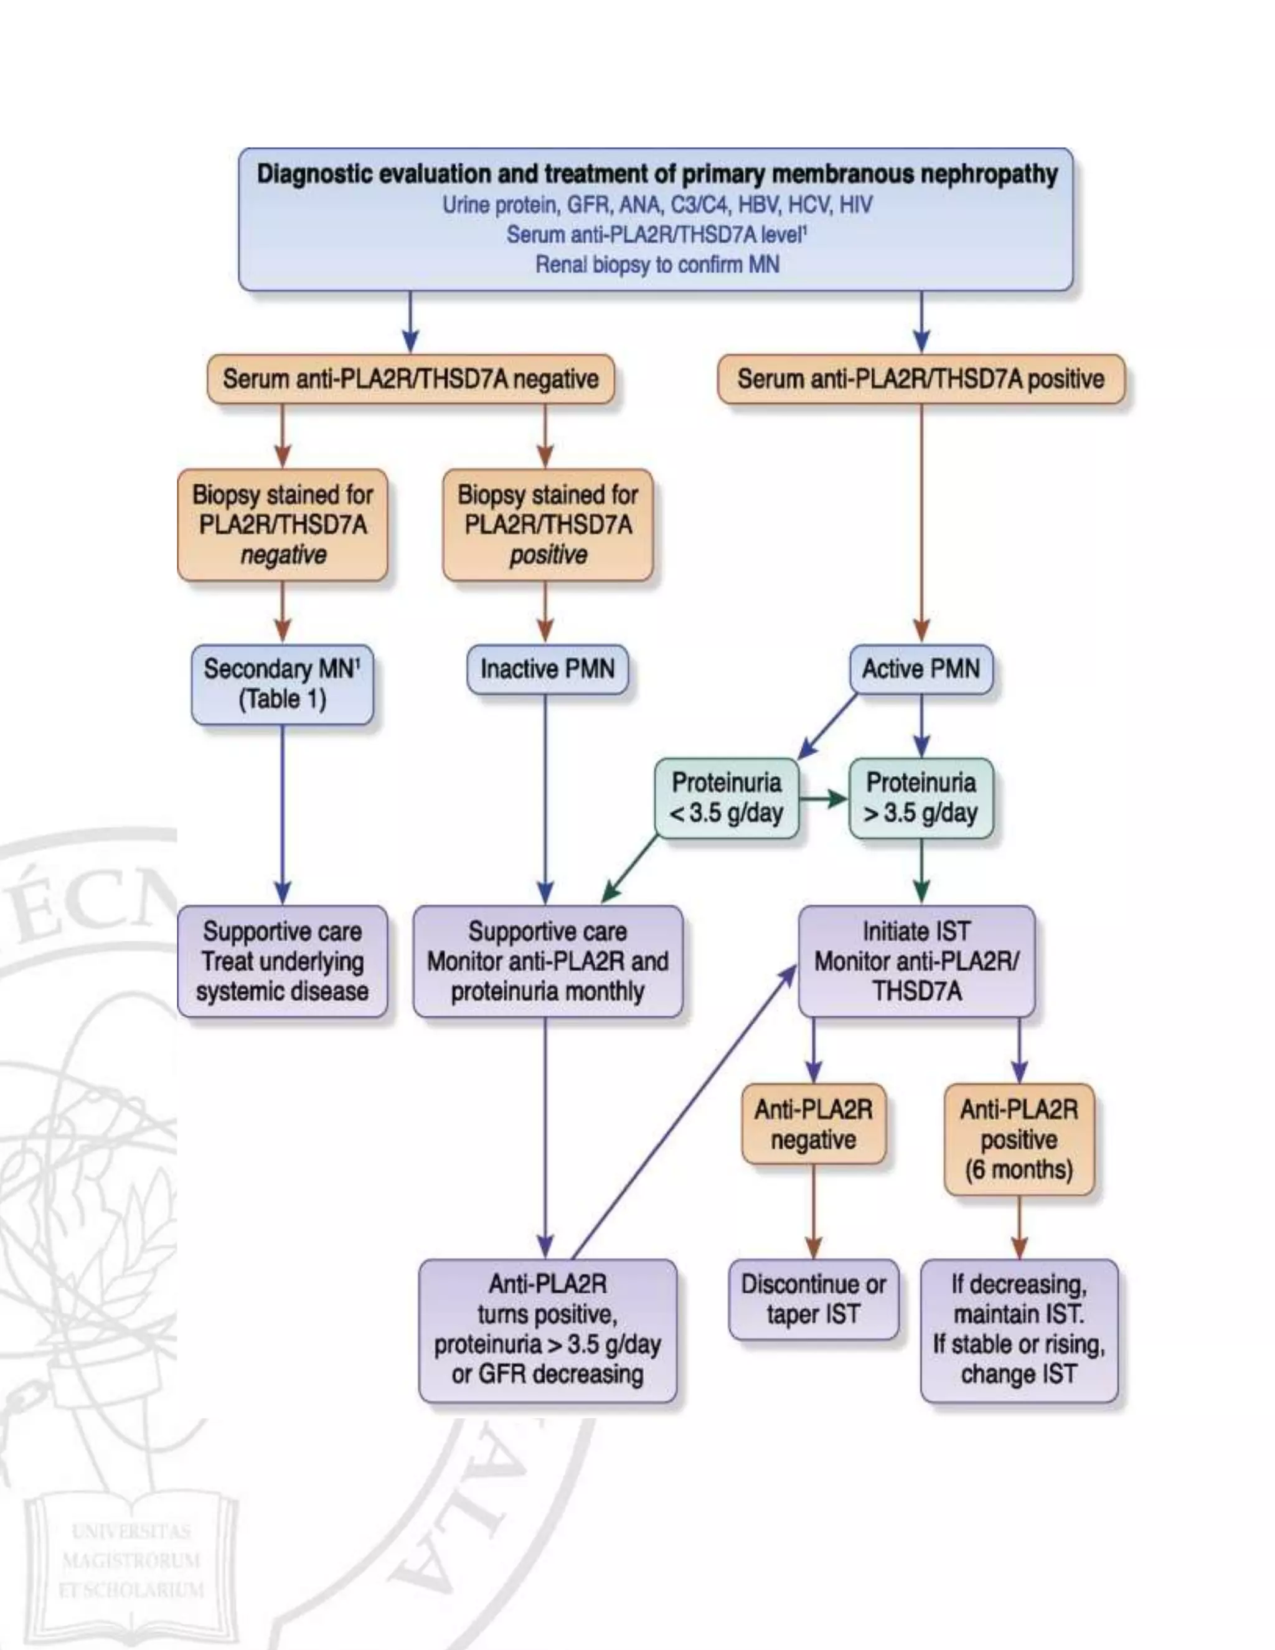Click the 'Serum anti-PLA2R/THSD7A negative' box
410,379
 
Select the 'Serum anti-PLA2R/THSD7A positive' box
920,379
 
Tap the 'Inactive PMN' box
547,669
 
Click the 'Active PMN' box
920,669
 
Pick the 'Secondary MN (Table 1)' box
282,684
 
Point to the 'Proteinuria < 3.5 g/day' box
726,798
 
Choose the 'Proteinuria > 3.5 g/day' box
920,798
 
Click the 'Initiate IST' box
916,960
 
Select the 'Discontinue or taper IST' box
814,1299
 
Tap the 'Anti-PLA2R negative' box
814,1123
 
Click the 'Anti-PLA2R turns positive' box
547,1329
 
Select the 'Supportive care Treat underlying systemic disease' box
282,960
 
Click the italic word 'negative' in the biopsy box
283,555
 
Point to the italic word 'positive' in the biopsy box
548,555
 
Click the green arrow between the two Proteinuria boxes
823,799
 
